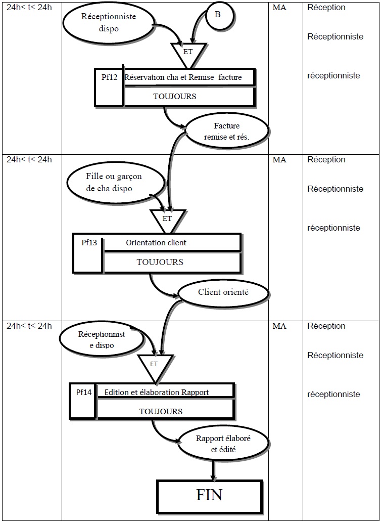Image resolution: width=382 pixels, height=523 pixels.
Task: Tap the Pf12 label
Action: (x=109, y=77)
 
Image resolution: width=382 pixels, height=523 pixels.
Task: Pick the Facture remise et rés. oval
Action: (x=227, y=131)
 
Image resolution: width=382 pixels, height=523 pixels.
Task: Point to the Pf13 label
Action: (x=89, y=242)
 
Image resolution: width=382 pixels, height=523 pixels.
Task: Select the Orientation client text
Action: (x=156, y=243)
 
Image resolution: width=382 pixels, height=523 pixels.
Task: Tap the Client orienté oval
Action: (x=223, y=292)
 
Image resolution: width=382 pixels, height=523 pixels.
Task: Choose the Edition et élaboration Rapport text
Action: (x=157, y=392)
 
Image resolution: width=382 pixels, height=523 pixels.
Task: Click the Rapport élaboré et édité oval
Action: (x=216, y=443)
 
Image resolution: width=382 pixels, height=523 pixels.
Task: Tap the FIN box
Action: (x=209, y=495)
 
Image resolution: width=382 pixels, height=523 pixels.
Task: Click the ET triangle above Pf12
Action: (x=188, y=51)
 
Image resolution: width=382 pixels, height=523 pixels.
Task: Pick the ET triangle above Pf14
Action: (x=154, y=365)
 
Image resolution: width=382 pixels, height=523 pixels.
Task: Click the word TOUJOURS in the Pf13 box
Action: (x=160, y=262)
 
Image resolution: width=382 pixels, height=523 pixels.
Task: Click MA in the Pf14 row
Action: (x=279, y=326)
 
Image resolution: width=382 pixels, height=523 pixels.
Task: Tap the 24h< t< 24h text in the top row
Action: (x=29, y=8)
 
